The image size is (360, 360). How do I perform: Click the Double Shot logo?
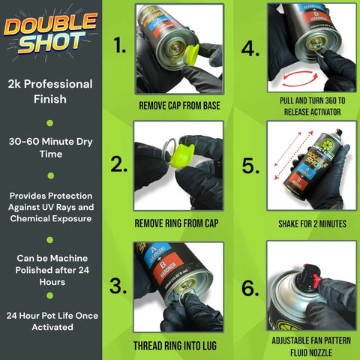[50, 34]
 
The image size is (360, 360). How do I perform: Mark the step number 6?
[250, 286]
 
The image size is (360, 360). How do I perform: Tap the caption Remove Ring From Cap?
[179, 223]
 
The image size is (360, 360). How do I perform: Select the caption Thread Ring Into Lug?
[179, 346]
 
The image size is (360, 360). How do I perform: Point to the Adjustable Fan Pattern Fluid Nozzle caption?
[310, 344]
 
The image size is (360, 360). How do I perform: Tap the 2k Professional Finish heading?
[49, 91]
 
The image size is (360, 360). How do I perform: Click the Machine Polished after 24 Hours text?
[49, 271]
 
